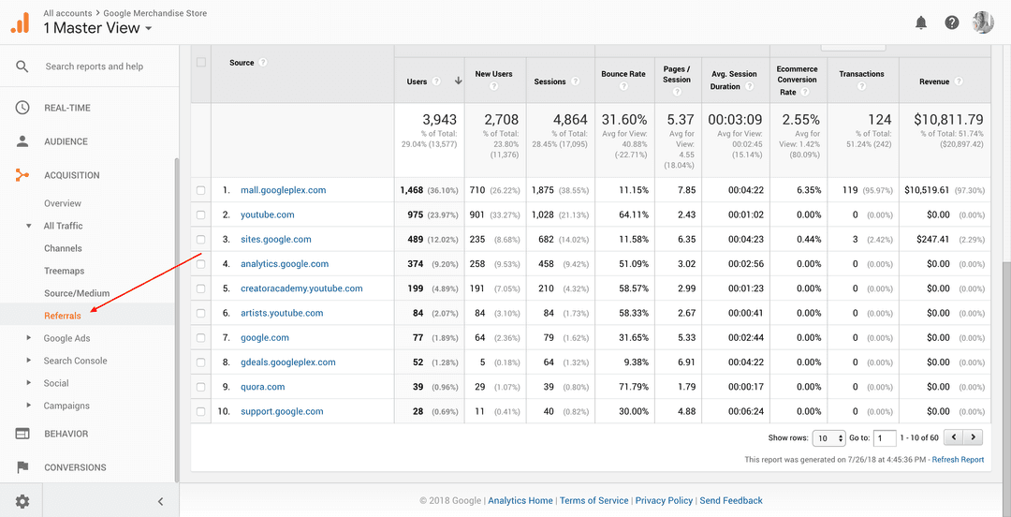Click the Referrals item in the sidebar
click(63, 316)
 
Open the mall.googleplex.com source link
click(283, 190)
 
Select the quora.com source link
click(262, 387)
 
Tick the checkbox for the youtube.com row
click(201, 214)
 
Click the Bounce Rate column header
click(623, 73)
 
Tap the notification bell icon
click(921, 22)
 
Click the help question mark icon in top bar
click(952, 22)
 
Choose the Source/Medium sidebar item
click(77, 293)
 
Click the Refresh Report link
click(958, 460)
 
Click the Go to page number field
click(884, 437)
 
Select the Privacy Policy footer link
click(664, 500)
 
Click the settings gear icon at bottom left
click(22, 501)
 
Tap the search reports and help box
click(94, 66)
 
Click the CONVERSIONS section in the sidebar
click(75, 467)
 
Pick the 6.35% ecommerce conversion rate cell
click(809, 190)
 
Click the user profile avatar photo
click(983, 22)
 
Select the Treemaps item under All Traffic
click(64, 271)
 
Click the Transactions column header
click(861, 74)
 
